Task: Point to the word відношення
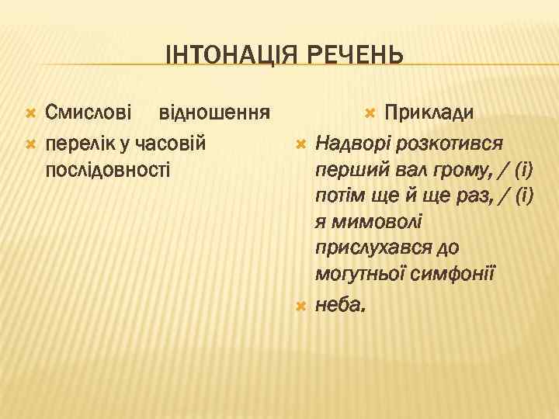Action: click(214, 114)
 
